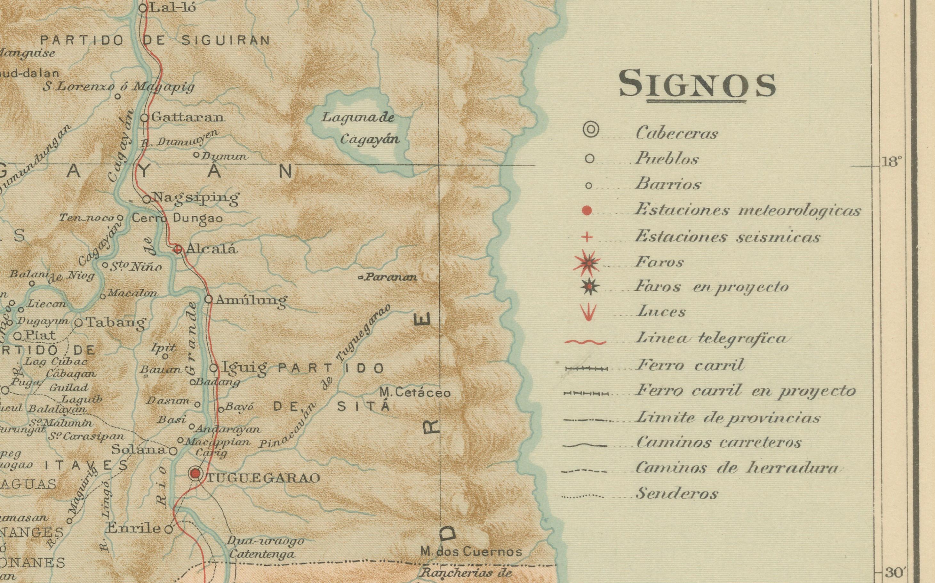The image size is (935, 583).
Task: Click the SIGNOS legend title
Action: pyautogui.click(x=697, y=84)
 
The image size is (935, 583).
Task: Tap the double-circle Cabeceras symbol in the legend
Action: pyautogui.click(x=590, y=130)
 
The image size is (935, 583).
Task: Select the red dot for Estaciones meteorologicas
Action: pyautogui.click(x=587, y=211)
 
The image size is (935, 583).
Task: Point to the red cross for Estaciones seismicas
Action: pyautogui.click(x=587, y=237)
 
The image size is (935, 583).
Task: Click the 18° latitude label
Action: pyautogui.click(x=891, y=162)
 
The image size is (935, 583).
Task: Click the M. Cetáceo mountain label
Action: pyautogui.click(x=415, y=393)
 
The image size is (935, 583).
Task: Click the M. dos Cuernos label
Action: pyautogui.click(x=471, y=552)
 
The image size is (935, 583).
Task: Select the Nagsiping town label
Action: pyautogui.click(x=196, y=198)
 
